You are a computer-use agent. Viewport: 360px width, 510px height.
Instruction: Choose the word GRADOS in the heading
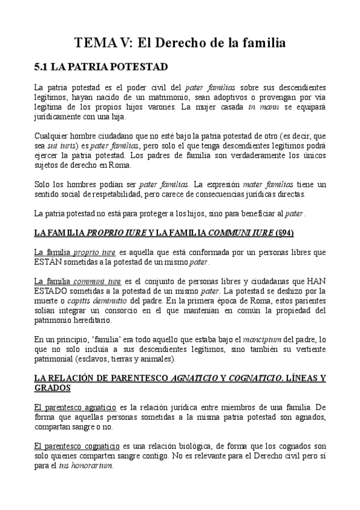[52, 387]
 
